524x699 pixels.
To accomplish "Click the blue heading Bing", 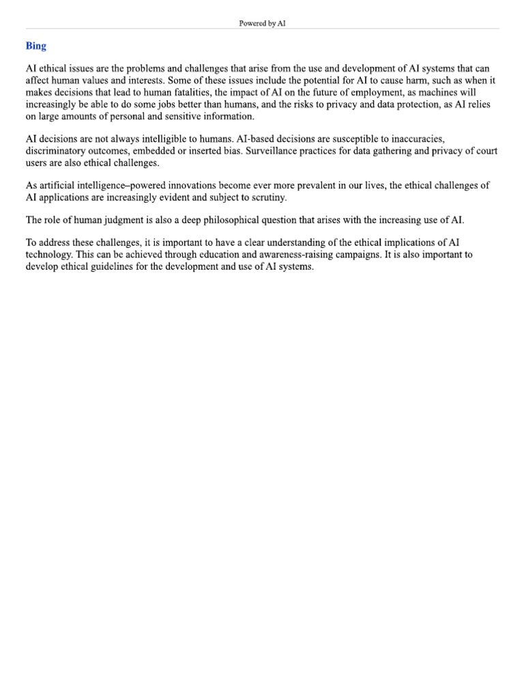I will pos(36,46).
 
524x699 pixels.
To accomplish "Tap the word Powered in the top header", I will pos(252,23).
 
